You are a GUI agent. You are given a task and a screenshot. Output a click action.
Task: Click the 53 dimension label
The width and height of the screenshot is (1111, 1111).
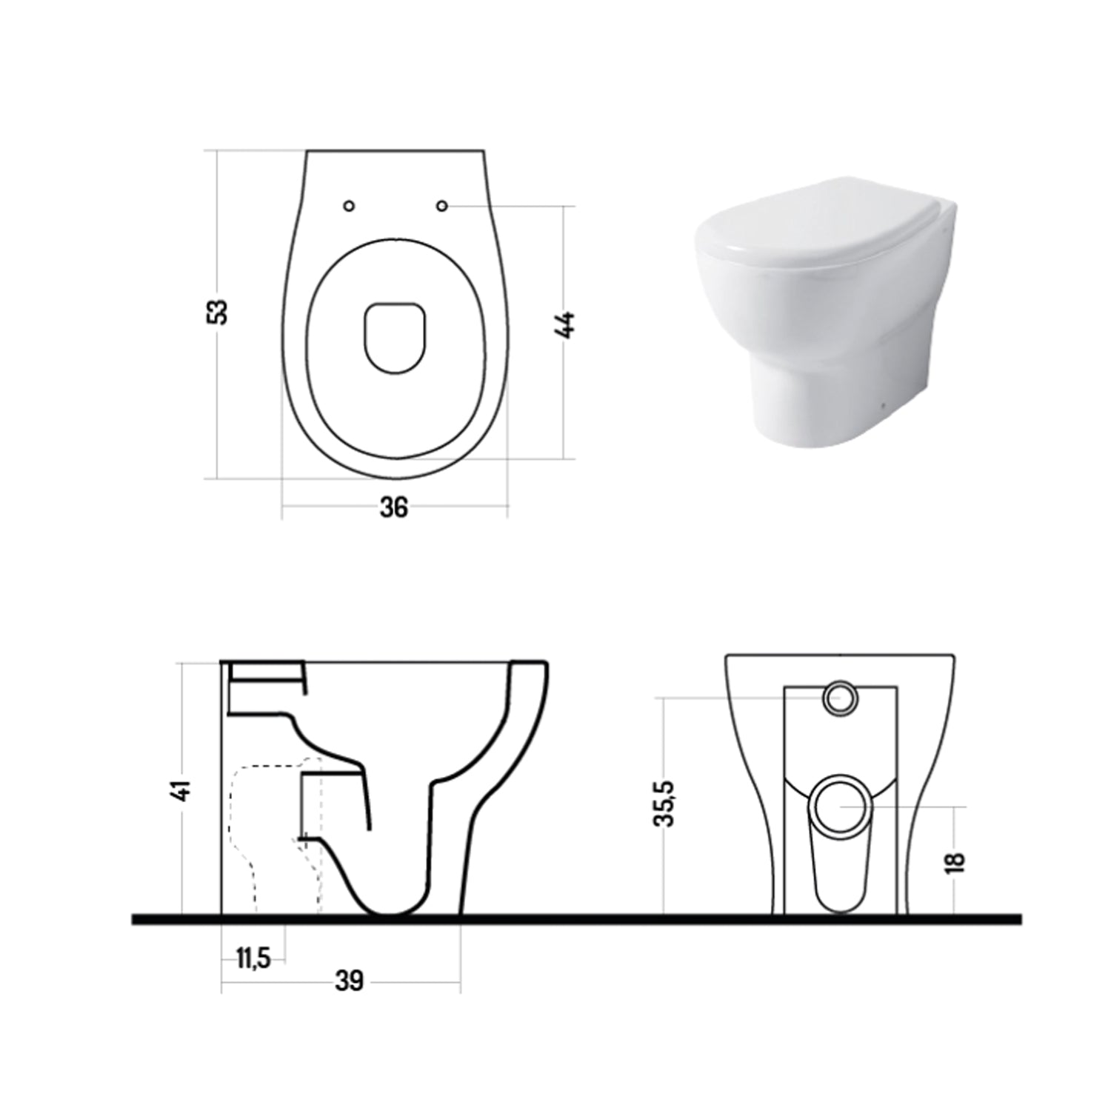coord(217,313)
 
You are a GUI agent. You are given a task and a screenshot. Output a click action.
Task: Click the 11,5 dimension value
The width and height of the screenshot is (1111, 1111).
coord(253,958)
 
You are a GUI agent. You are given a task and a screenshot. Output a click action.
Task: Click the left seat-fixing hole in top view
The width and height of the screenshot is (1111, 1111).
coord(350,206)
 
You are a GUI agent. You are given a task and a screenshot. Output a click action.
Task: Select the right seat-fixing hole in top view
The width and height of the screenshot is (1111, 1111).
coord(442,205)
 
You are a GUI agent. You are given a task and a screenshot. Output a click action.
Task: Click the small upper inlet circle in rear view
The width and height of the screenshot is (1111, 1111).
coord(839,698)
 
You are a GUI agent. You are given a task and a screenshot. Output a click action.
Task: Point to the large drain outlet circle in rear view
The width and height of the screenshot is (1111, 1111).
coord(840,805)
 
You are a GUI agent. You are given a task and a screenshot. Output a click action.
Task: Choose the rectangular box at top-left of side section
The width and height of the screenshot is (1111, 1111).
coord(267,671)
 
